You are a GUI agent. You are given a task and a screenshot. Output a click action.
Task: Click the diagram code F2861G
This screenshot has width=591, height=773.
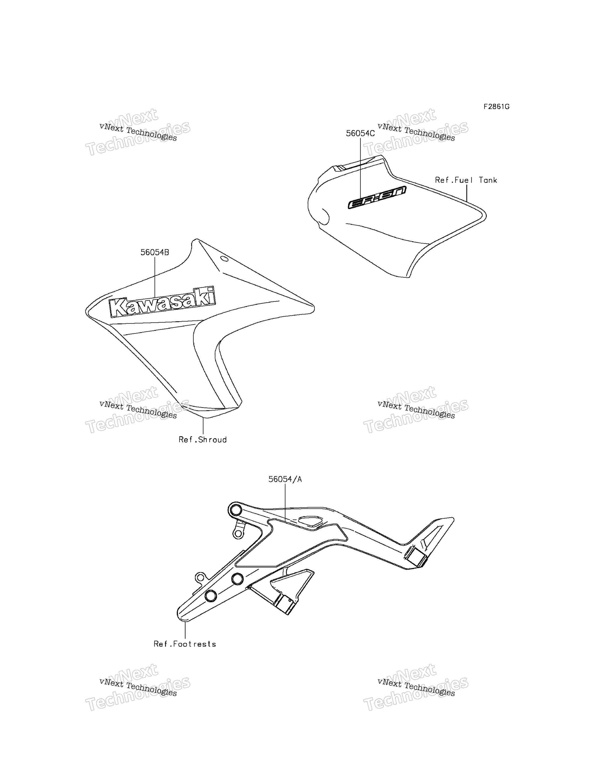tap(496, 106)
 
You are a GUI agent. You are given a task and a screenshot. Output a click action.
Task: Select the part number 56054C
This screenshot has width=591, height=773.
tap(360, 133)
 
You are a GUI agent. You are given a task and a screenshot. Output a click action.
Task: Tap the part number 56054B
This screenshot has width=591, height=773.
tap(155, 252)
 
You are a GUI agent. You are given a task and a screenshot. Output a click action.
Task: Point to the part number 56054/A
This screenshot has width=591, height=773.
tap(285, 479)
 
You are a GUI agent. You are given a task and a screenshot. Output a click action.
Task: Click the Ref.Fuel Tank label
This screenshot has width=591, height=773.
tap(466, 180)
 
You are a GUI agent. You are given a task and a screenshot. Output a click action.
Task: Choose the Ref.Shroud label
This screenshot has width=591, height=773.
tap(203, 439)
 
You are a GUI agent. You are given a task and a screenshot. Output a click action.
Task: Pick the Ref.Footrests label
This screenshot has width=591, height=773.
tap(185, 644)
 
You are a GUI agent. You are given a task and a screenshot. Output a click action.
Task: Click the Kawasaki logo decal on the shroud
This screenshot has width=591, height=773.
tap(162, 302)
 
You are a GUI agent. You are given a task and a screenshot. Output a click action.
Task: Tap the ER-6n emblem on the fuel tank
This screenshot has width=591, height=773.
tap(377, 197)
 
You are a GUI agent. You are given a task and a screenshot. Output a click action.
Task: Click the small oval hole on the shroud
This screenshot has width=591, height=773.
tap(224, 259)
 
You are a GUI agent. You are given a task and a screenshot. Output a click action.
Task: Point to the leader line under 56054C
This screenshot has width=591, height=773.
tap(360, 169)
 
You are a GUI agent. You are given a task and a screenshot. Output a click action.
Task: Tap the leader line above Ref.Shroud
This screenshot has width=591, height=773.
tap(203, 426)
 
